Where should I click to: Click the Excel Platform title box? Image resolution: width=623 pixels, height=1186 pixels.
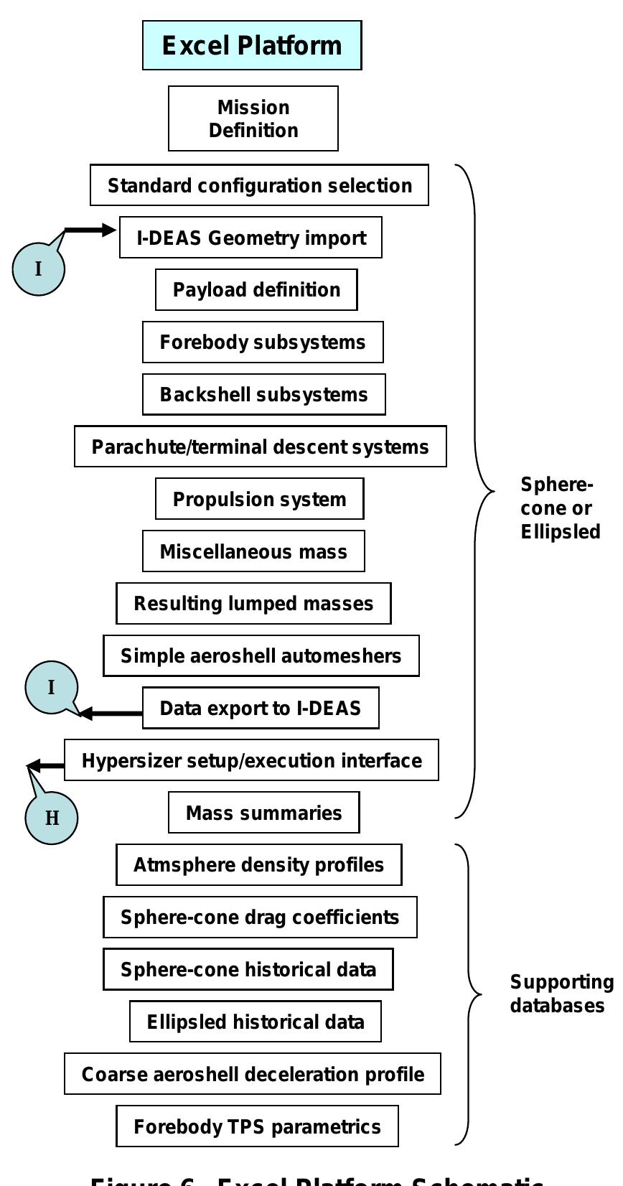(x=252, y=45)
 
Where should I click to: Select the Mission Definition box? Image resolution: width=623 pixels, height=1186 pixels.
(x=253, y=118)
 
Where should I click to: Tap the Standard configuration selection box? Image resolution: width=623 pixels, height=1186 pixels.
(x=259, y=185)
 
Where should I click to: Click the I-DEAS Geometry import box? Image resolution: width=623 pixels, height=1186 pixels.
(x=250, y=238)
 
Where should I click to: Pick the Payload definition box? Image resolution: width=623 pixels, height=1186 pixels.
(x=256, y=290)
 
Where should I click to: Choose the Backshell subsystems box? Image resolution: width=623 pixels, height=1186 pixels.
(x=263, y=394)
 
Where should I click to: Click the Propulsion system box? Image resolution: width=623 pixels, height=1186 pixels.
(x=259, y=499)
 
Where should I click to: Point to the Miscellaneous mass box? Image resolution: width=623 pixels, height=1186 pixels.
(x=253, y=551)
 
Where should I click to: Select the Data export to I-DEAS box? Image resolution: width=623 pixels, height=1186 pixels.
(x=261, y=708)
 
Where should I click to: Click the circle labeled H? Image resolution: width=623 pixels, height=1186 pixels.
(x=52, y=818)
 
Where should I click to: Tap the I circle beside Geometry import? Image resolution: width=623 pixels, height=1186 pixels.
(x=38, y=269)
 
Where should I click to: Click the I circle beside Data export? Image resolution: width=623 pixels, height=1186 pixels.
(x=51, y=687)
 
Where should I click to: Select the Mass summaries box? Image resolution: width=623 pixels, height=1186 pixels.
(x=263, y=813)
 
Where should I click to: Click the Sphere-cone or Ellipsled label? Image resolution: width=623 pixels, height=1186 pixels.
(x=560, y=508)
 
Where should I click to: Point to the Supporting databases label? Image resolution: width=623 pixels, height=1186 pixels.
(x=561, y=994)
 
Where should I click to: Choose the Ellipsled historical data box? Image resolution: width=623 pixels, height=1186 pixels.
(x=255, y=1022)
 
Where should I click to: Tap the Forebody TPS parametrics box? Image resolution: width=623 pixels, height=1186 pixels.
(x=257, y=1126)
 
